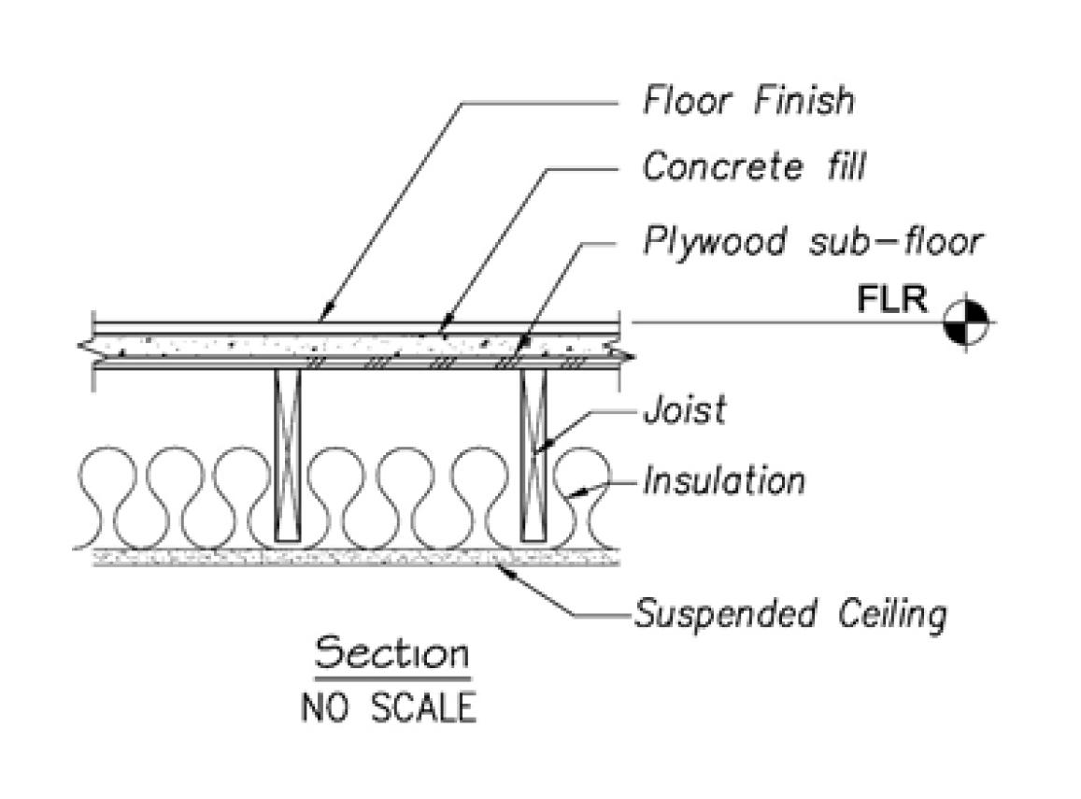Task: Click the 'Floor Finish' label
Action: (747, 100)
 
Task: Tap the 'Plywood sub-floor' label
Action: (812, 241)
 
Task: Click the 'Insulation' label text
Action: (723, 481)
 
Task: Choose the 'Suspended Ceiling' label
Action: (789, 615)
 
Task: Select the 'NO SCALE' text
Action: (388, 706)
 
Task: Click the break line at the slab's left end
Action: (86, 347)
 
